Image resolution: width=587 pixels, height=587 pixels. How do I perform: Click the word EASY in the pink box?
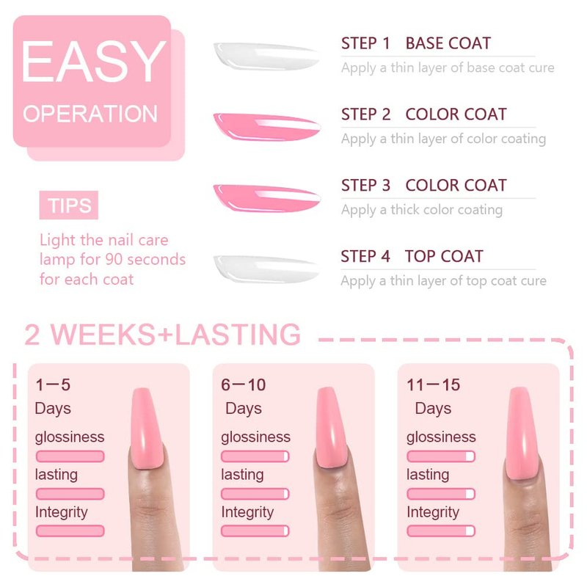pos(94,61)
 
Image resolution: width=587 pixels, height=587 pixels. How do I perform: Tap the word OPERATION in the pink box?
pos(90,114)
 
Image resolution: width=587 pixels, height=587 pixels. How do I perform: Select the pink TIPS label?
pos(69,205)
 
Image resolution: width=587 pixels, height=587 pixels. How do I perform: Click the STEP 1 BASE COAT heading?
pos(416,43)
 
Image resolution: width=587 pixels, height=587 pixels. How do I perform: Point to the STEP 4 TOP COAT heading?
pos(412,256)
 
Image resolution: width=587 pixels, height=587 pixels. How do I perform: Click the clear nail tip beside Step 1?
pos(266,56)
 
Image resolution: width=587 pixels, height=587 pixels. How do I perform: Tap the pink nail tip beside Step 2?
pos(267,127)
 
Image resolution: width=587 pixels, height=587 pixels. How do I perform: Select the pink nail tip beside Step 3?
pos(267,198)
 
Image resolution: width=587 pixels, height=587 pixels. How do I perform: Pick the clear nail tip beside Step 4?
pos(266,269)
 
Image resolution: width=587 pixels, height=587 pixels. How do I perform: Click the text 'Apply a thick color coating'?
pos(422,210)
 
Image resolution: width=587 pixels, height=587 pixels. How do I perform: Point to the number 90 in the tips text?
pos(113,260)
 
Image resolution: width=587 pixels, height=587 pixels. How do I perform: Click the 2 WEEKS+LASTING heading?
pos(162,335)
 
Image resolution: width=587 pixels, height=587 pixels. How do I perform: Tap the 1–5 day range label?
pos(53,384)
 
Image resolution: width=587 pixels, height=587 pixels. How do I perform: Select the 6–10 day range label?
pos(244,384)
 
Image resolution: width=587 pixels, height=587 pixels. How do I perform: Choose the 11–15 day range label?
pos(433,384)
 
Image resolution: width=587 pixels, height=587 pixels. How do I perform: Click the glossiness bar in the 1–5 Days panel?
pos(70,456)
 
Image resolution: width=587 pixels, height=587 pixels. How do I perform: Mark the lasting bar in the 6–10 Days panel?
pos(255,494)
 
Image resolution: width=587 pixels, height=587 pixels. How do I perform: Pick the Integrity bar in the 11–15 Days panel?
pos(441,531)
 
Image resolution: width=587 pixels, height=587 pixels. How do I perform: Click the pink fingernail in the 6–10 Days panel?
pos(332,428)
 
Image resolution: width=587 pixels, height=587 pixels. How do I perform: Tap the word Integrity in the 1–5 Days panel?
pos(62,512)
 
